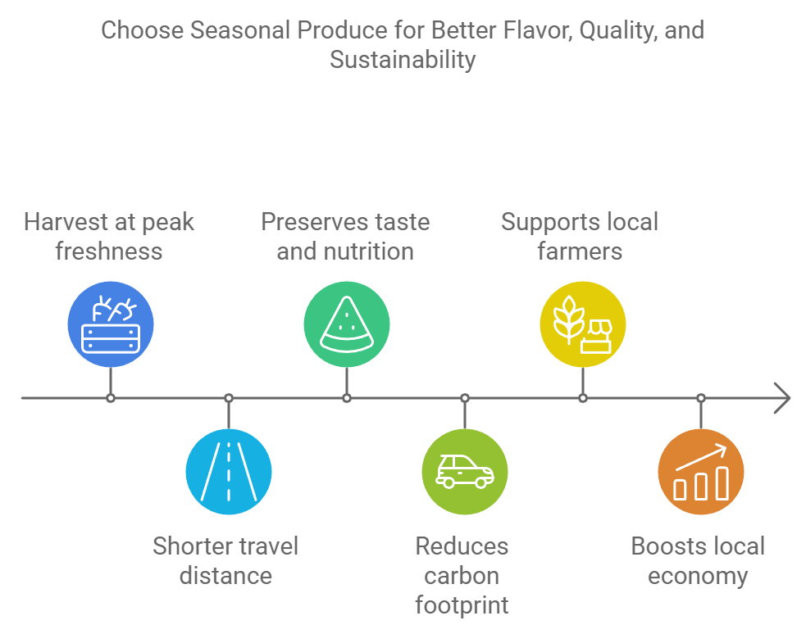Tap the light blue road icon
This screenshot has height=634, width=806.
(229, 472)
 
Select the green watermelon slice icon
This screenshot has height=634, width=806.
(347, 325)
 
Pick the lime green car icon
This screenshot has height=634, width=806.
(465, 472)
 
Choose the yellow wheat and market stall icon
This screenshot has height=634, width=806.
(583, 325)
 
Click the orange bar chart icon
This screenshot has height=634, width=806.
(701, 472)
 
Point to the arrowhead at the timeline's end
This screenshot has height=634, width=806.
(783, 399)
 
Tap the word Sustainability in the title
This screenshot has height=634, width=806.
(403, 60)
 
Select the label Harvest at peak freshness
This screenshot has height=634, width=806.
(109, 236)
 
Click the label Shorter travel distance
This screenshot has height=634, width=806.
(225, 560)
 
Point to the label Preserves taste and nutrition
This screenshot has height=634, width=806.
(345, 236)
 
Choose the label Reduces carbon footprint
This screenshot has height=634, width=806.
(462, 575)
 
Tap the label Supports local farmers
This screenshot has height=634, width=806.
(580, 236)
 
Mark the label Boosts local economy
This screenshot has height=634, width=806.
(698, 560)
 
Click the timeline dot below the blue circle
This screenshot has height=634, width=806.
(111, 399)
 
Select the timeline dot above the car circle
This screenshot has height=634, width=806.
(465, 399)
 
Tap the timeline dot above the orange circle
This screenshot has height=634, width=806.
(701, 399)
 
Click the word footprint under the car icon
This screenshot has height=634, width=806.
(462, 605)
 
